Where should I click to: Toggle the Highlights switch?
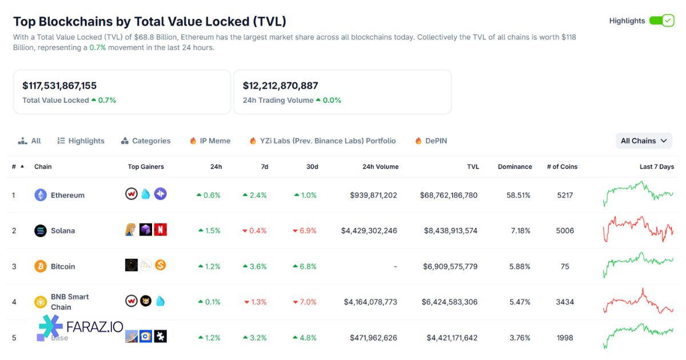click(x=662, y=21)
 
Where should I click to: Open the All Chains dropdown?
click(x=644, y=141)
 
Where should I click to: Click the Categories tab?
click(x=146, y=141)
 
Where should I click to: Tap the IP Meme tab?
click(x=210, y=141)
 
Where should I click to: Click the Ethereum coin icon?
click(x=41, y=195)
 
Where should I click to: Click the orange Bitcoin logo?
click(x=41, y=266)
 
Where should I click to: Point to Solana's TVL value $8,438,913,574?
click(x=450, y=231)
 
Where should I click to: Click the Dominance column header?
click(x=514, y=167)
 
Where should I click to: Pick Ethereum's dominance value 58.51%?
click(x=518, y=195)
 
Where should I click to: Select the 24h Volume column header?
click(x=380, y=167)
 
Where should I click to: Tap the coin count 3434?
click(x=565, y=302)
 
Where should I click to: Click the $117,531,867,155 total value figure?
click(x=59, y=86)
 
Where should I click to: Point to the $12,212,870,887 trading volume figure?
click(x=280, y=86)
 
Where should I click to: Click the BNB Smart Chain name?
click(x=70, y=302)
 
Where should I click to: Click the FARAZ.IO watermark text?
click(x=95, y=327)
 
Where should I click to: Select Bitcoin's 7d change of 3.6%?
click(x=254, y=266)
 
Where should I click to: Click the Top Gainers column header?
click(x=146, y=167)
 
